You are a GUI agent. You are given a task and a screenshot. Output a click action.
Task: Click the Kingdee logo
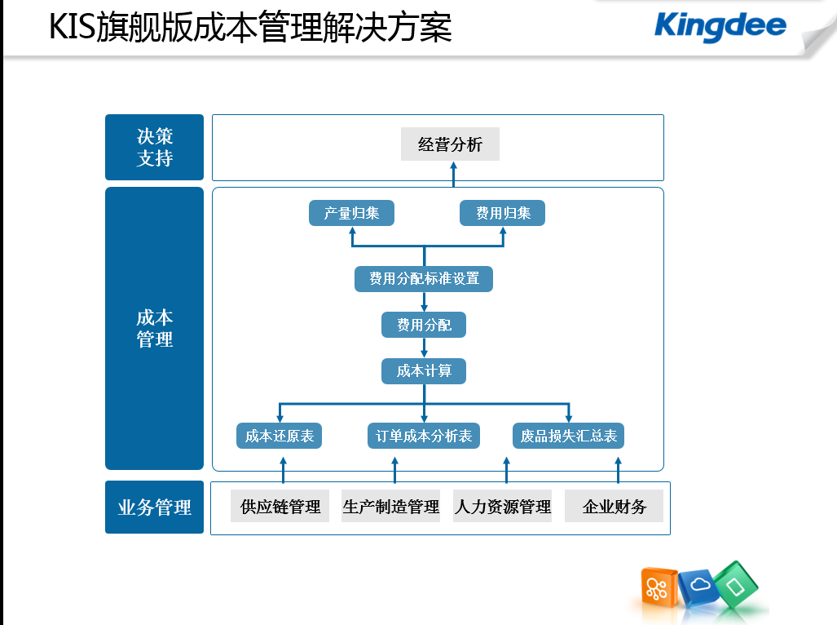(720, 27)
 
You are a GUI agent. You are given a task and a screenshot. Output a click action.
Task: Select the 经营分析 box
(450, 144)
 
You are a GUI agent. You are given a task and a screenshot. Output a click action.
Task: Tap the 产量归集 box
(351, 213)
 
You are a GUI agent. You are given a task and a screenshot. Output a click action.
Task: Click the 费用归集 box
(502, 213)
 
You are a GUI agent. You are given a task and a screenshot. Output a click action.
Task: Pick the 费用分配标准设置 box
(424, 279)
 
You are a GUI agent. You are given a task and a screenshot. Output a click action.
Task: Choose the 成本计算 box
(424, 370)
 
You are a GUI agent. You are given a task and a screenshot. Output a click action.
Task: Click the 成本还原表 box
(280, 436)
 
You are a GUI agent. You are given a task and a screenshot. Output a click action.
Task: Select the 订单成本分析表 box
(424, 436)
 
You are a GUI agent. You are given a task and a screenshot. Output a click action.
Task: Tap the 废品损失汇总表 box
(569, 436)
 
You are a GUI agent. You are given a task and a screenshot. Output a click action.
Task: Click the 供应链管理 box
(280, 506)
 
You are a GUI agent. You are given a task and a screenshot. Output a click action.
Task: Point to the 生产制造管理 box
(390, 506)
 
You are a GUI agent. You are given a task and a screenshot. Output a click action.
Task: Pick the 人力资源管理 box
(502, 506)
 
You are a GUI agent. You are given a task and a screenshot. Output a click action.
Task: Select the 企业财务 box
(614, 506)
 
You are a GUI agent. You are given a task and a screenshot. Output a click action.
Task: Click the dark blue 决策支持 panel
(154, 148)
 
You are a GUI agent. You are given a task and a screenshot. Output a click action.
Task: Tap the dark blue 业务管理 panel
(154, 507)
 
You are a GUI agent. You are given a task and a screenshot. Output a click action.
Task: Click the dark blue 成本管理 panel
(154, 329)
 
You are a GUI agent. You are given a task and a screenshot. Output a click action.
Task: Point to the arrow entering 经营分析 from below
(454, 174)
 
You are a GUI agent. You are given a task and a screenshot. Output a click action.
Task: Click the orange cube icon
(659, 587)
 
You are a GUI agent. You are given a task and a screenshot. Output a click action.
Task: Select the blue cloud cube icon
(698, 587)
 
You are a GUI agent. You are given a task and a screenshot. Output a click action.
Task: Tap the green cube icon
(736, 585)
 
